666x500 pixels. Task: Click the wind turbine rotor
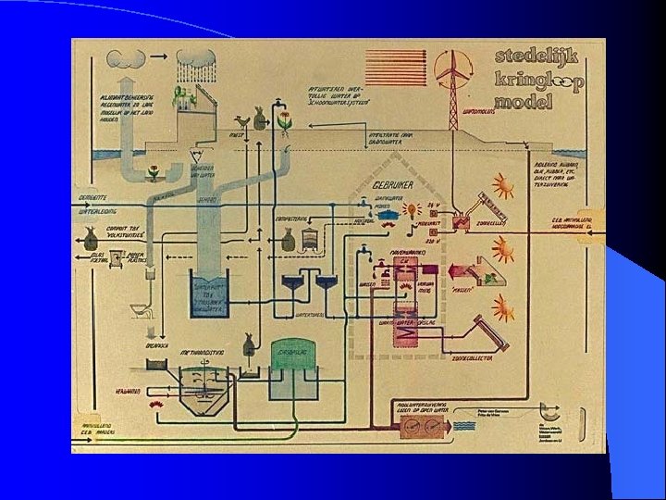tap(453, 65)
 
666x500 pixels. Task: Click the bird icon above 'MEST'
tap(244, 121)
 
